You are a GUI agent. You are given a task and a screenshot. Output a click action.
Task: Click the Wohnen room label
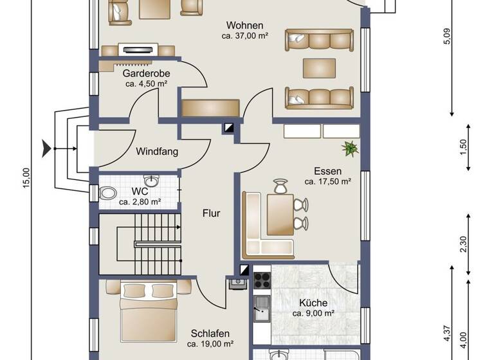coord(244,26)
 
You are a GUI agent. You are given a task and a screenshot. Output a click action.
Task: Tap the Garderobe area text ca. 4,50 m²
coord(147,84)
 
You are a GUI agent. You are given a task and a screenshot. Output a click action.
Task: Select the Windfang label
coord(156,152)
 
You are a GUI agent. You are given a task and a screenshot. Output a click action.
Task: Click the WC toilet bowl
coord(108,192)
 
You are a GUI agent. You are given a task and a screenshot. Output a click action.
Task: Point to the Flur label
coord(211,213)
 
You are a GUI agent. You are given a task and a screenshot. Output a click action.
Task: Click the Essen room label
coord(327,171)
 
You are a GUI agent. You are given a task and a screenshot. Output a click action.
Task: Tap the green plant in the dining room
coord(351,149)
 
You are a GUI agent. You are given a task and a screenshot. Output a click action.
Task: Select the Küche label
coord(313,303)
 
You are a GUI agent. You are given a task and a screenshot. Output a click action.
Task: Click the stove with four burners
coord(262,280)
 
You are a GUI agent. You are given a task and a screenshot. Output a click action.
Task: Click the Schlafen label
coord(211,333)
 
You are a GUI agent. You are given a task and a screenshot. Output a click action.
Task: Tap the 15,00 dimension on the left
coord(26,179)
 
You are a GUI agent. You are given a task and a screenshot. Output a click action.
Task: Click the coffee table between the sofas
coord(319,68)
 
